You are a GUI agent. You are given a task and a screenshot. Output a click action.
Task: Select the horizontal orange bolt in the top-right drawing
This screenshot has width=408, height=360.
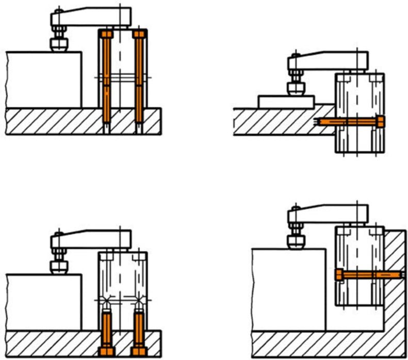[x=351, y=122]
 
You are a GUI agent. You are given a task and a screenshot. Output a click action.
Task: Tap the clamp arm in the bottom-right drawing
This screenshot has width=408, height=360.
[x=330, y=211]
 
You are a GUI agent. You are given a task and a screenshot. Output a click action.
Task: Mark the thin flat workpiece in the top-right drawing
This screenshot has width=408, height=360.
[x=286, y=101]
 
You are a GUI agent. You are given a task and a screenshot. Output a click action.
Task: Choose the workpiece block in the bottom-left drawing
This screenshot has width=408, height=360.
[x=44, y=302]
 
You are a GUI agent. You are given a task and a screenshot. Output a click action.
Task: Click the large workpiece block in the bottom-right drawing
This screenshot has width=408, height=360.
[x=289, y=289]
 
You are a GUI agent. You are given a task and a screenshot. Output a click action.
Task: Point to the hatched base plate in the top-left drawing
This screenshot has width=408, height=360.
[x=52, y=121]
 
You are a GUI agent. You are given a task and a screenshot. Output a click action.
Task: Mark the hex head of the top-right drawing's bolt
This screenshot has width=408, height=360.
[x=381, y=122]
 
